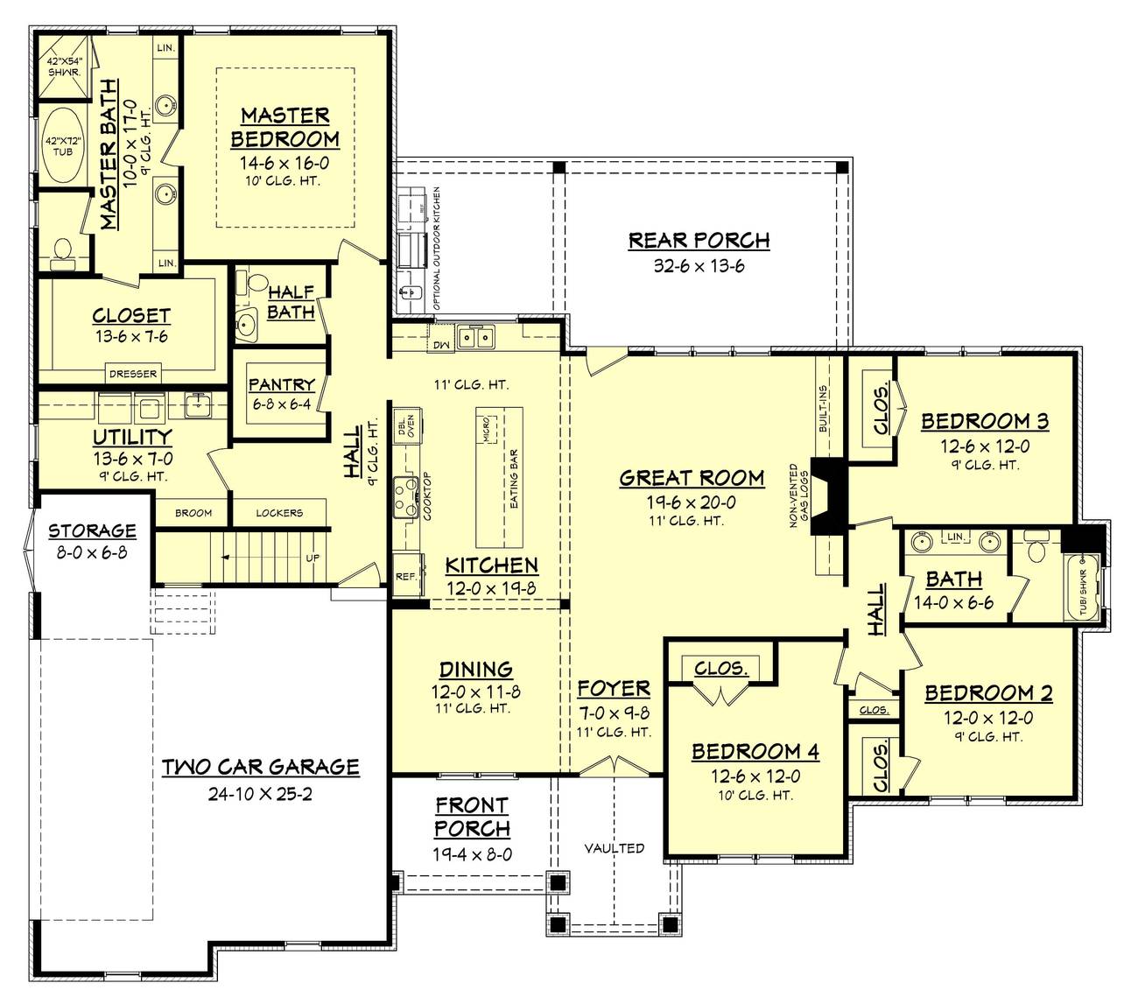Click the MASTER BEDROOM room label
click(284, 127)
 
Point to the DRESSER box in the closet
click(133, 374)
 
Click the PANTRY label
click(281, 384)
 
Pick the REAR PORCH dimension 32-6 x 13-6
click(699, 266)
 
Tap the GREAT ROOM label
click(692, 478)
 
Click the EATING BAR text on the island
click(514, 480)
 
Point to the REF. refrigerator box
click(405, 577)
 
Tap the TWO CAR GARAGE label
click(261, 767)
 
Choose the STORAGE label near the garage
click(92, 530)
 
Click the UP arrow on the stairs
click(312, 558)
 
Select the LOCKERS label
click(279, 513)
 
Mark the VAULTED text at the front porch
click(615, 848)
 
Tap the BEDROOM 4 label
click(755, 751)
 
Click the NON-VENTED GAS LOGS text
click(797, 495)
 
